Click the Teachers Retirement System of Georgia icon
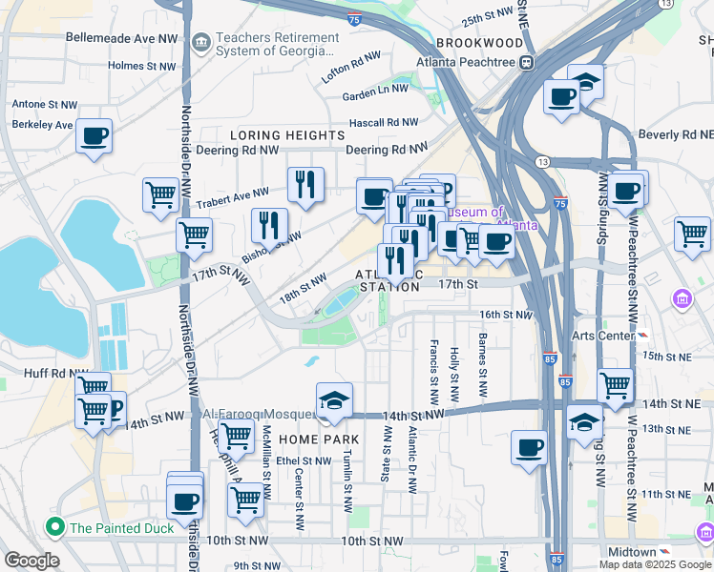coord(200,43)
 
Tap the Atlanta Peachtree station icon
coord(526,62)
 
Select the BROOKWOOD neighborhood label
coord(480,44)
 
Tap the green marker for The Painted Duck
coord(55,527)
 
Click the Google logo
coord(31,561)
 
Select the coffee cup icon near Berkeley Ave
coord(94,136)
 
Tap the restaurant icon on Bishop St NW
coord(269,225)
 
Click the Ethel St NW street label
coord(303,460)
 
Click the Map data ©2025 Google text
coord(654,563)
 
